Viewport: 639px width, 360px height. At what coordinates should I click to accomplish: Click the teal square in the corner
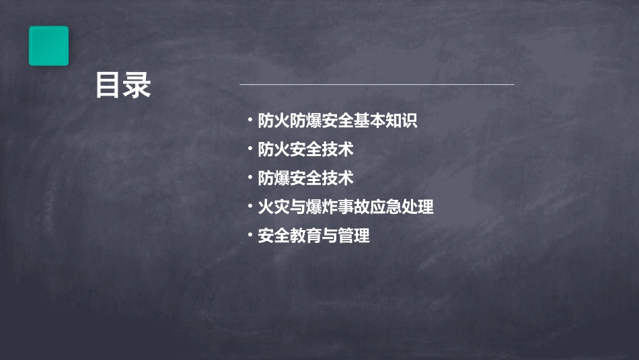(x=48, y=46)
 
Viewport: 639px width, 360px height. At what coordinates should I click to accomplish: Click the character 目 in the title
(x=108, y=85)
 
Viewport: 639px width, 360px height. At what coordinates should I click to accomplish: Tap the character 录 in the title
(x=138, y=85)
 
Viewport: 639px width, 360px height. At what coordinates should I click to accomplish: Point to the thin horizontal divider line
(x=377, y=85)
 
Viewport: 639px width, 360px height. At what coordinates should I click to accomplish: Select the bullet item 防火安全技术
(x=306, y=149)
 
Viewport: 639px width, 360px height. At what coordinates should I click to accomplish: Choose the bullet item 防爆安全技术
(x=306, y=178)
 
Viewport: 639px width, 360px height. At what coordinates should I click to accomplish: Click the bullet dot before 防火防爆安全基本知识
(x=250, y=121)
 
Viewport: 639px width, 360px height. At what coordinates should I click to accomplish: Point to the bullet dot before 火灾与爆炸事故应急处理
(x=250, y=207)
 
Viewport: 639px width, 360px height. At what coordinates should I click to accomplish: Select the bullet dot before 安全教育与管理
(x=250, y=236)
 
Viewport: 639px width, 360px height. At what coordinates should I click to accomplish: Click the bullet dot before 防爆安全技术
(x=250, y=178)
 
